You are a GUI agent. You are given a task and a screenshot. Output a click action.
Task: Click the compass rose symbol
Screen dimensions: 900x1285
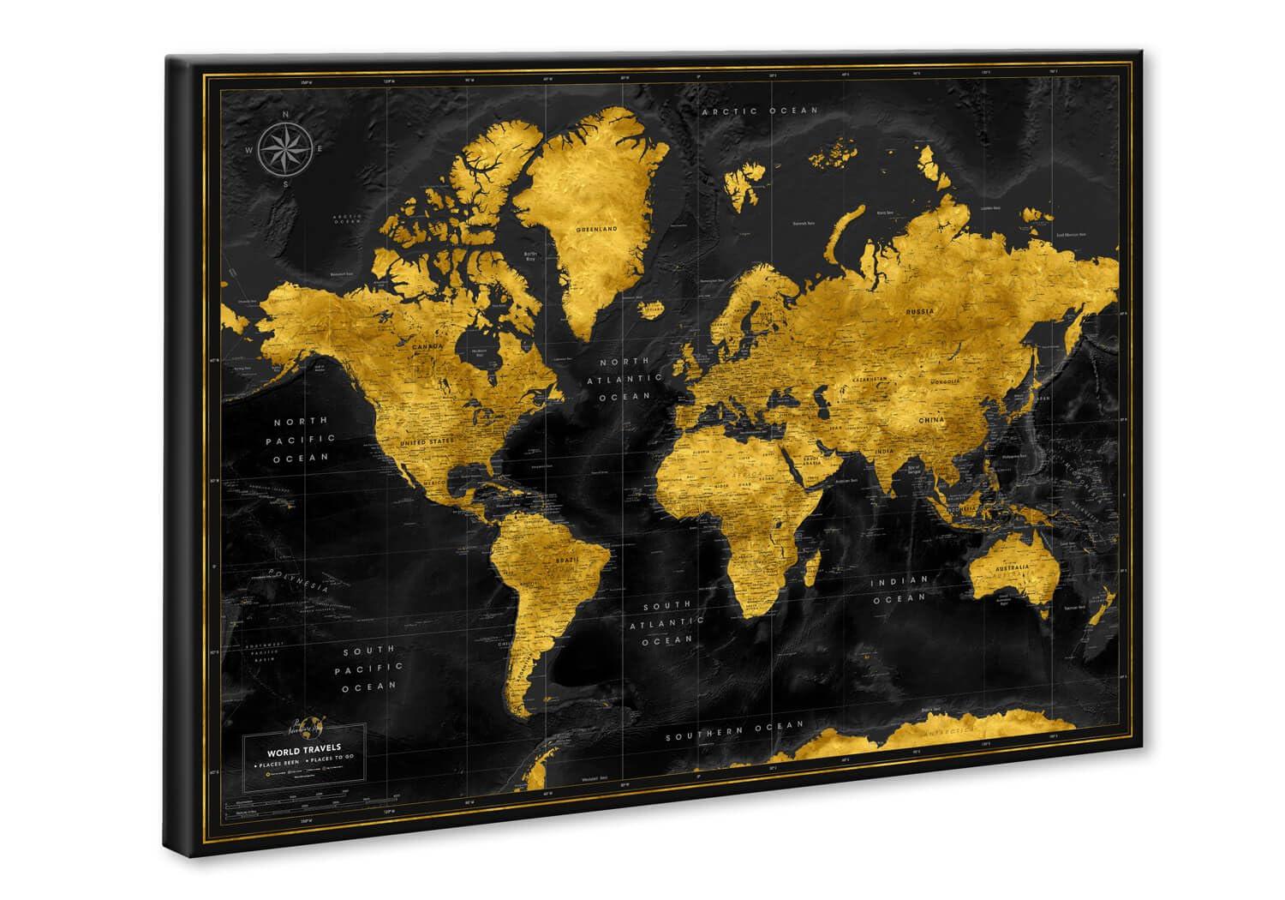point(286,149)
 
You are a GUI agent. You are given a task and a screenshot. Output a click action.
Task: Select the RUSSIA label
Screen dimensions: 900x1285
point(922,311)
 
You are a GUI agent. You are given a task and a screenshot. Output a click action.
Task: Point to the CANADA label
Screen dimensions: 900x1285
point(428,346)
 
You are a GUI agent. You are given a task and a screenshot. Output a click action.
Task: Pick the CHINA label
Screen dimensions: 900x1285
point(931,420)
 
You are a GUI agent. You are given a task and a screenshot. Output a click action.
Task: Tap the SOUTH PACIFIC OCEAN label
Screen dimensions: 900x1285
point(369,667)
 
